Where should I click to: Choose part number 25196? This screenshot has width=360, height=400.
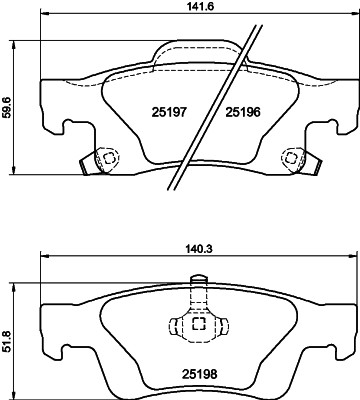(242, 113)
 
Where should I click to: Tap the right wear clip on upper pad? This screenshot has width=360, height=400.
(292, 158)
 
